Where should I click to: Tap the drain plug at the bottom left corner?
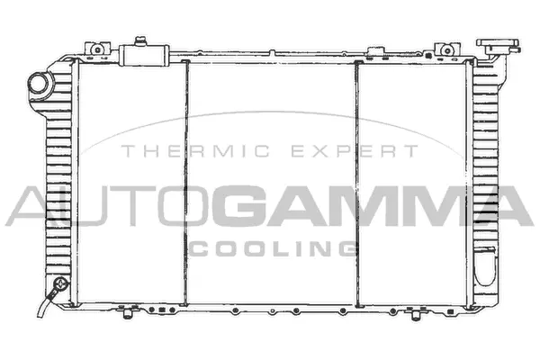pos(60,287)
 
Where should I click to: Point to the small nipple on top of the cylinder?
pos(140,40)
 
